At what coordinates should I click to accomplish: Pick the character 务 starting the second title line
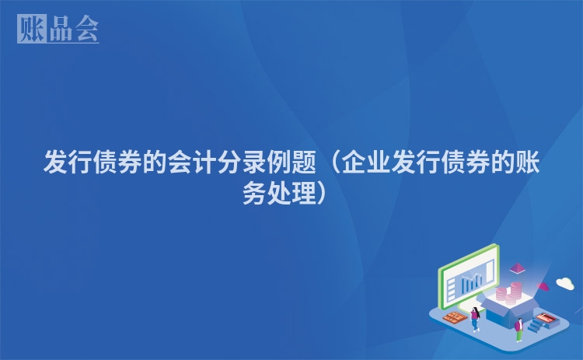click(x=255, y=192)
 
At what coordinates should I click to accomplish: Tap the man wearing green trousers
click(x=518, y=327)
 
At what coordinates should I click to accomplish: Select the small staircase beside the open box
click(x=536, y=327)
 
